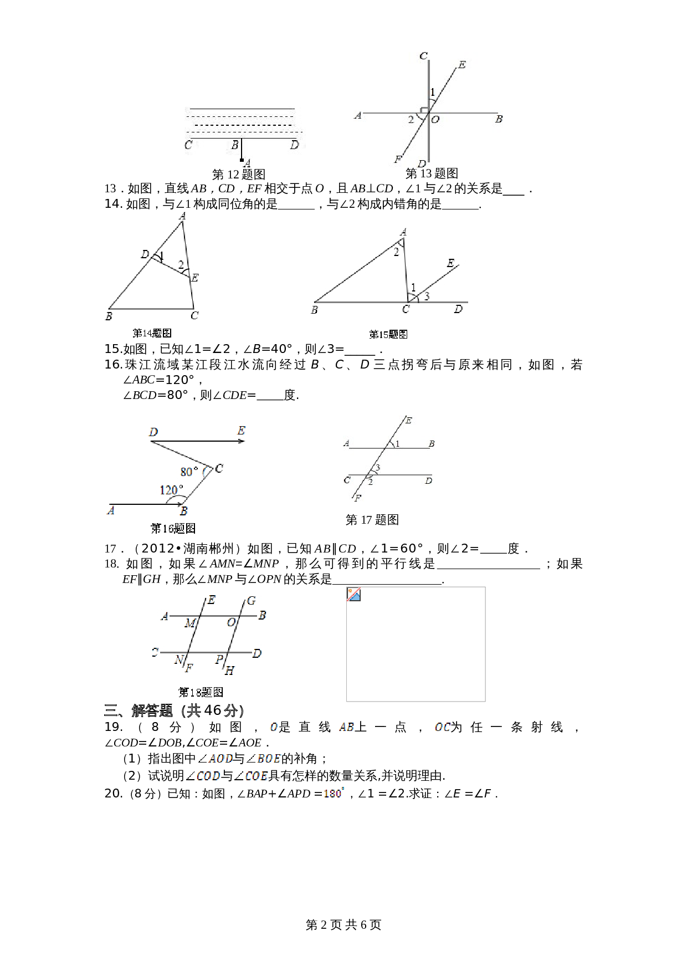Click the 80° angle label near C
(189, 472)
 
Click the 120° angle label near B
(171, 490)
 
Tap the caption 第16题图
(173, 528)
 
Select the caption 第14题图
(152, 333)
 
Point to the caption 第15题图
(388, 334)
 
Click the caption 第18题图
(201, 692)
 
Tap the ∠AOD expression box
(215, 758)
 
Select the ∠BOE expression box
(263, 758)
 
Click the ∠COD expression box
(202, 776)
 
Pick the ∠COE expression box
(250, 776)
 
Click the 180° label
(334, 793)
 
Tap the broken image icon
(354, 595)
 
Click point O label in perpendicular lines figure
(435, 120)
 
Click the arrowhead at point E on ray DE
(242, 441)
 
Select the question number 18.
(111, 564)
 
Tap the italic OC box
(442, 727)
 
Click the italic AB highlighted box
(346, 727)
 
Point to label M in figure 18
(189, 623)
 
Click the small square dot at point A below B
(242, 160)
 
